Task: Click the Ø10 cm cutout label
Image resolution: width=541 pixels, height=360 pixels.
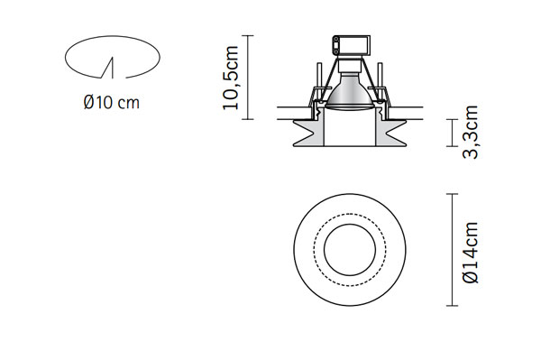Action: (x=112, y=103)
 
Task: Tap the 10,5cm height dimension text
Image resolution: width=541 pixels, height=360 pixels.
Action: (x=231, y=78)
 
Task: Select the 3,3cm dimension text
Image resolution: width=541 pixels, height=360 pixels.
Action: (x=470, y=133)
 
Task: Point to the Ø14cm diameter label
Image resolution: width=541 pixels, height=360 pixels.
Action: (x=471, y=253)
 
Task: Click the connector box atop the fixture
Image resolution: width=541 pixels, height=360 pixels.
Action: (x=352, y=45)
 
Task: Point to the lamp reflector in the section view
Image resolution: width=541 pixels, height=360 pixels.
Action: (x=350, y=92)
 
